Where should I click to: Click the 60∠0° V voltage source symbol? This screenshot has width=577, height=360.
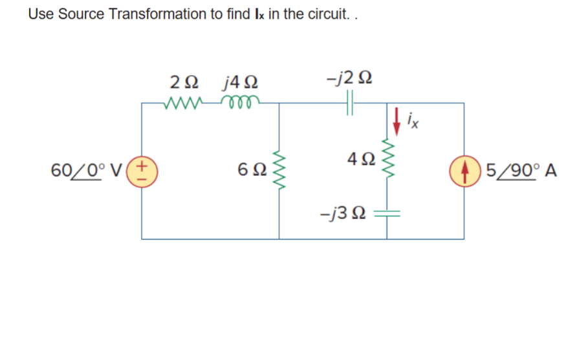coord(142,171)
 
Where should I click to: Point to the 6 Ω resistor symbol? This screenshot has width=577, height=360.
coord(279,171)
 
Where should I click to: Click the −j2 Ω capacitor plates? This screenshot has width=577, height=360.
coord(352,103)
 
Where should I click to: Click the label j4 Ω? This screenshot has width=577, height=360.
coord(241,83)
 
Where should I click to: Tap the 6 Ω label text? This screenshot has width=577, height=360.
coord(250,171)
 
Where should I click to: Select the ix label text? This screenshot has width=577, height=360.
coord(414,120)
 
